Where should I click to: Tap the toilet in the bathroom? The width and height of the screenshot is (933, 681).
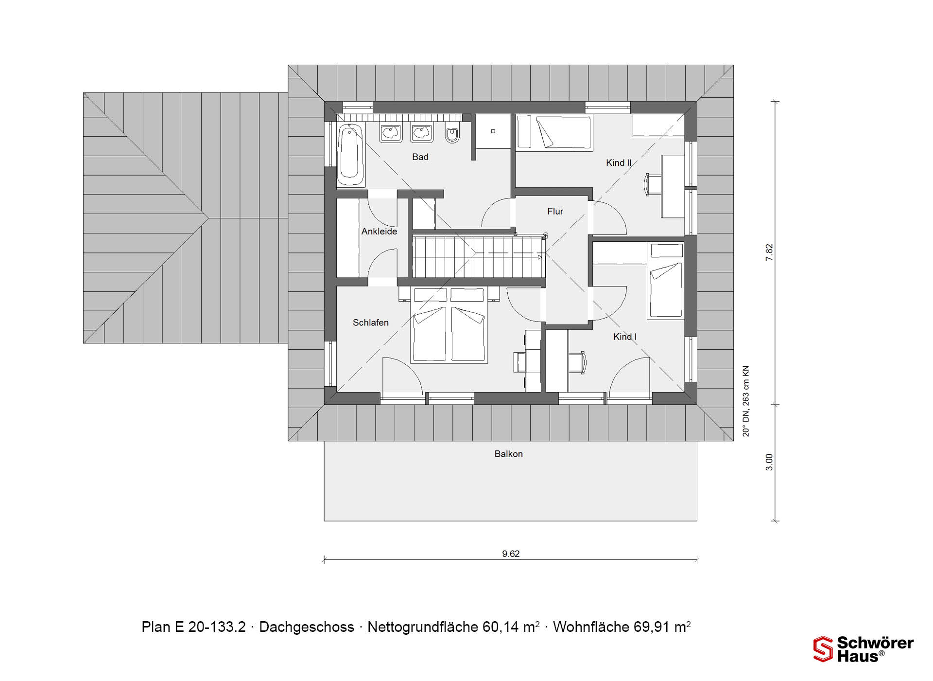tap(452, 134)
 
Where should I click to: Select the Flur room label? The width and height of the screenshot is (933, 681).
tap(555, 211)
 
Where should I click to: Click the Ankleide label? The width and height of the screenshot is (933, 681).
tap(379, 232)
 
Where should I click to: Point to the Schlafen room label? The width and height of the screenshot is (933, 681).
tap(371, 323)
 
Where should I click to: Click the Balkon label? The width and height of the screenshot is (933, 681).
tap(509, 454)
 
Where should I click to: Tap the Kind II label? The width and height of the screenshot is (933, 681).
tap(619, 163)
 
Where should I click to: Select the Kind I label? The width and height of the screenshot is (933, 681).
tap(625, 337)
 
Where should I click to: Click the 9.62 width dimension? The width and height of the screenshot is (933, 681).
tap(511, 554)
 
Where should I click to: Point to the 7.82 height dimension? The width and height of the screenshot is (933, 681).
tap(769, 252)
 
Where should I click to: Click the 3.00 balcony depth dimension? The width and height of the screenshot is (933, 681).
tap(769, 462)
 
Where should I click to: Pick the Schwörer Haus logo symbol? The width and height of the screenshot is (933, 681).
tap(823, 649)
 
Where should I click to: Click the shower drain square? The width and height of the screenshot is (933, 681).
tap(493, 131)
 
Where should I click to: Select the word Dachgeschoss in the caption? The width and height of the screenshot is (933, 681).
tap(307, 627)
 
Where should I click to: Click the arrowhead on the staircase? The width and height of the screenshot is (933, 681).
tap(539, 257)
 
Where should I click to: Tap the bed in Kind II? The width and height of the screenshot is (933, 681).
tap(554, 132)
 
